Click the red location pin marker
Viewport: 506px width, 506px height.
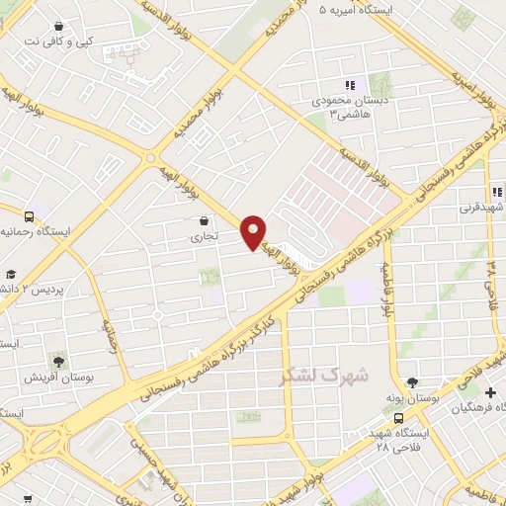[x=254, y=231]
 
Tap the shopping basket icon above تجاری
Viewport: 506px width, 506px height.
[x=204, y=220]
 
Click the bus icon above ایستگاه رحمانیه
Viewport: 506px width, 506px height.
[x=31, y=214]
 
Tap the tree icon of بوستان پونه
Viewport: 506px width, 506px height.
[x=411, y=382]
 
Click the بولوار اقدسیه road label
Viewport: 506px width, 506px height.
[x=362, y=167]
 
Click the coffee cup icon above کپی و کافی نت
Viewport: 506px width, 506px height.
[x=60, y=27]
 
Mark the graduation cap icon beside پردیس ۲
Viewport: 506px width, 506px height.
[x=10, y=274]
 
